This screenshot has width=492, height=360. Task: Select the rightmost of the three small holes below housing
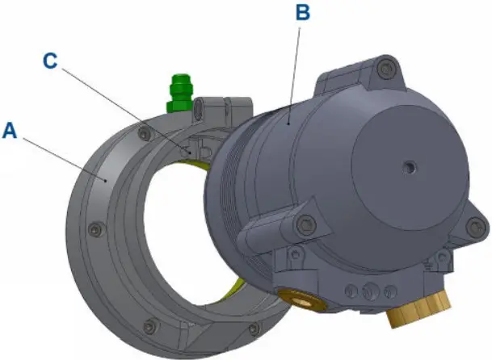[x=391, y=290]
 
